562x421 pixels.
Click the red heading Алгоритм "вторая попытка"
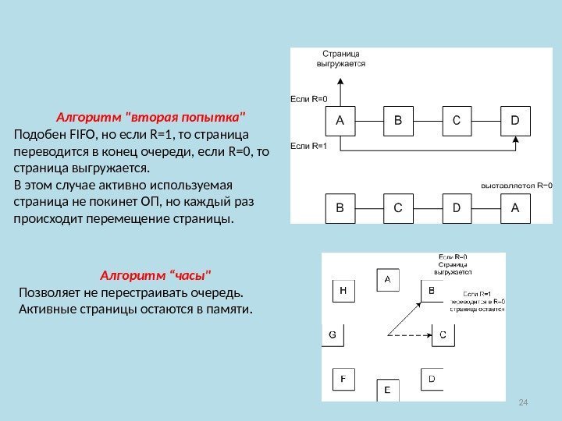[x=151, y=118]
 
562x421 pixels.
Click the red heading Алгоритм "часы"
[x=156, y=275]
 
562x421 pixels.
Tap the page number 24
[x=524, y=401]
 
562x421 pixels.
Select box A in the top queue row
[x=340, y=121]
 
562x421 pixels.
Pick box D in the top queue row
[x=515, y=121]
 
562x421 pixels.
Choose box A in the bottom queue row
[x=515, y=208]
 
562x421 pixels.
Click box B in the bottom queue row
[x=340, y=208]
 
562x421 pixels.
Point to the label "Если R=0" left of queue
[x=309, y=99]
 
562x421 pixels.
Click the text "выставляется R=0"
[x=516, y=186]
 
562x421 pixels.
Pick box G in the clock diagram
[x=333, y=334]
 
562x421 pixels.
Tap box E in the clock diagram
[x=387, y=389]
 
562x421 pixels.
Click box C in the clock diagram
[x=442, y=334]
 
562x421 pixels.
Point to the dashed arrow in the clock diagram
[x=406, y=335]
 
